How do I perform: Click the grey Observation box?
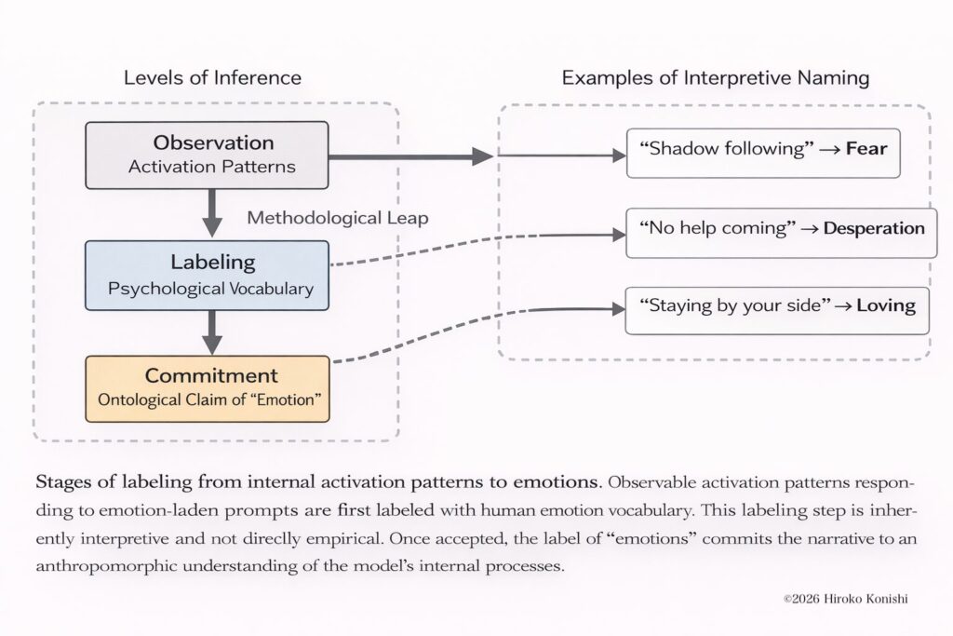pyautogui.click(x=207, y=155)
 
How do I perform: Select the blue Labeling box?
pyautogui.click(x=207, y=275)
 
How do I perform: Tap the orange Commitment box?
pyautogui.click(x=207, y=388)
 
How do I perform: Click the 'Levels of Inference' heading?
pyautogui.click(x=212, y=77)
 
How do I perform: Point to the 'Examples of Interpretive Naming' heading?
pyautogui.click(x=715, y=77)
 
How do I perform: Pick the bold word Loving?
pyautogui.click(x=886, y=304)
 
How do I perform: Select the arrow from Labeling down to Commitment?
pyautogui.click(x=213, y=329)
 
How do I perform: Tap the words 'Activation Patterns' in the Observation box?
pyautogui.click(x=213, y=168)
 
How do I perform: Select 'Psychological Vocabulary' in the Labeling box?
pyautogui.click(x=210, y=289)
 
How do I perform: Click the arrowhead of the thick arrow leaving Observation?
pyautogui.click(x=482, y=156)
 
